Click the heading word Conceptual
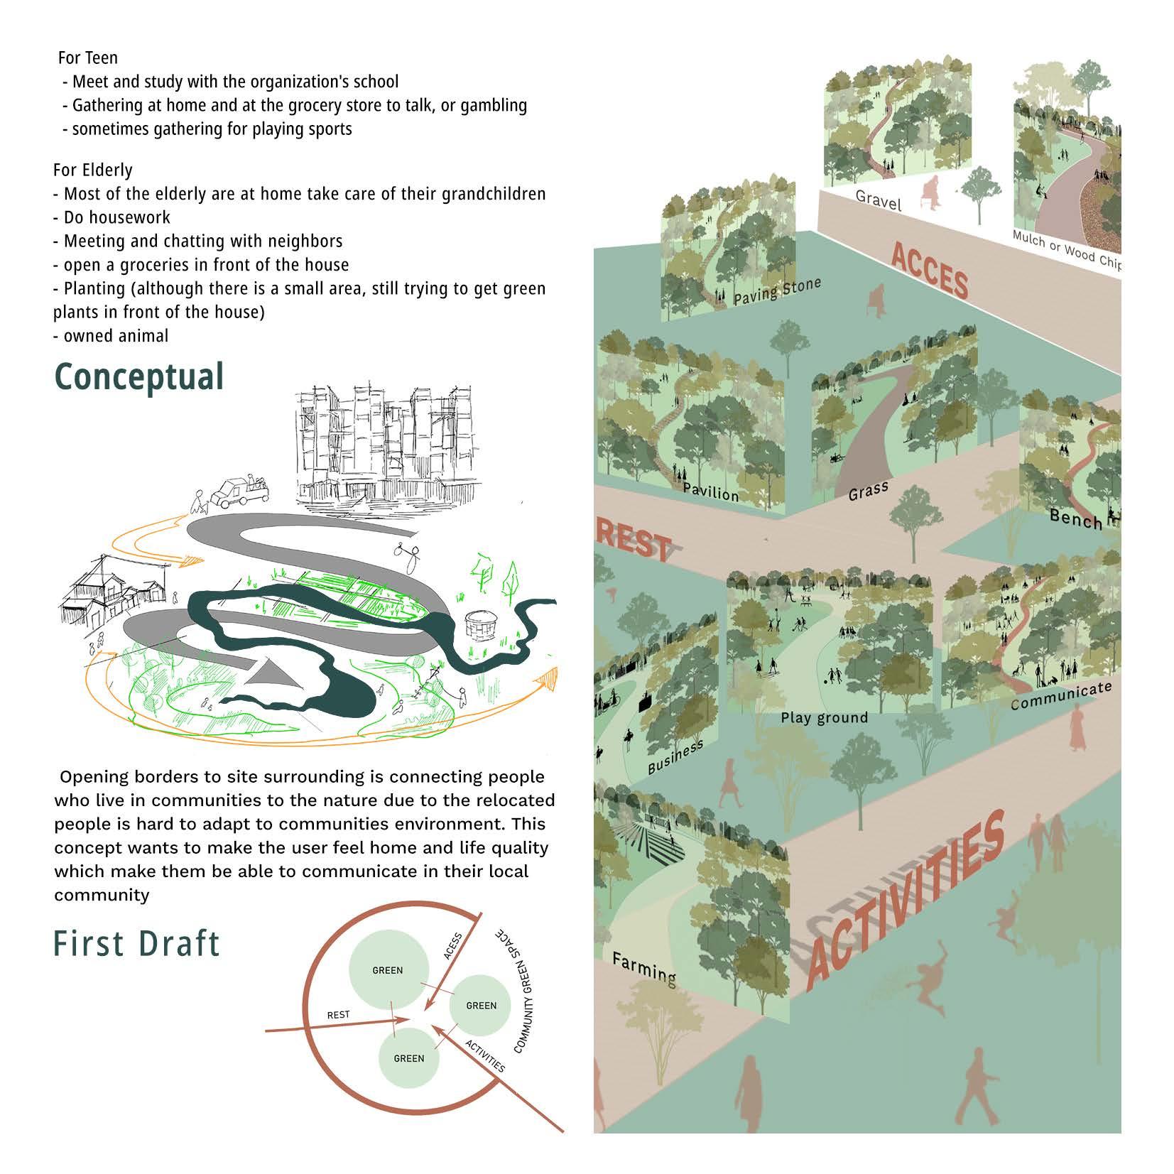pos(139,377)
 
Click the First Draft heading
pos(137,944)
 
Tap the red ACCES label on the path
pos(929,271)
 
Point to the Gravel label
pos(879,200)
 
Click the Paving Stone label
pos(777,292)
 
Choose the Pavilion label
pos(710,491)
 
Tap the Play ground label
pos(824,717)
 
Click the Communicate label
pos(1060,696)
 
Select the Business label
pos(675,756)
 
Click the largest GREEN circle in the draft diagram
pos(388,969)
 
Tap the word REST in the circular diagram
pos(338,1014)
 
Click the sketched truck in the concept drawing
pos(241,491)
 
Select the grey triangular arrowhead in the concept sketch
pos(272,672)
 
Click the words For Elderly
pos(92,170)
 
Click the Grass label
pos(868,491)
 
